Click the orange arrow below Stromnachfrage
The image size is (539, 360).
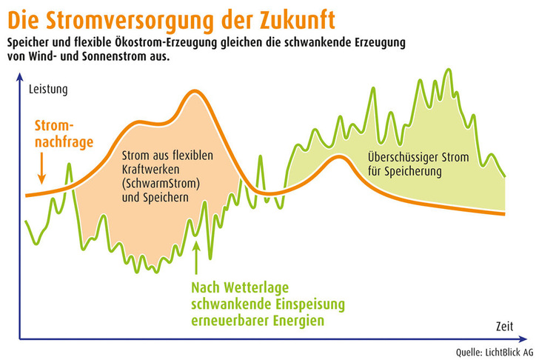pos(42,167)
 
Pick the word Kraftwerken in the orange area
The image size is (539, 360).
pos(150,169)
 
